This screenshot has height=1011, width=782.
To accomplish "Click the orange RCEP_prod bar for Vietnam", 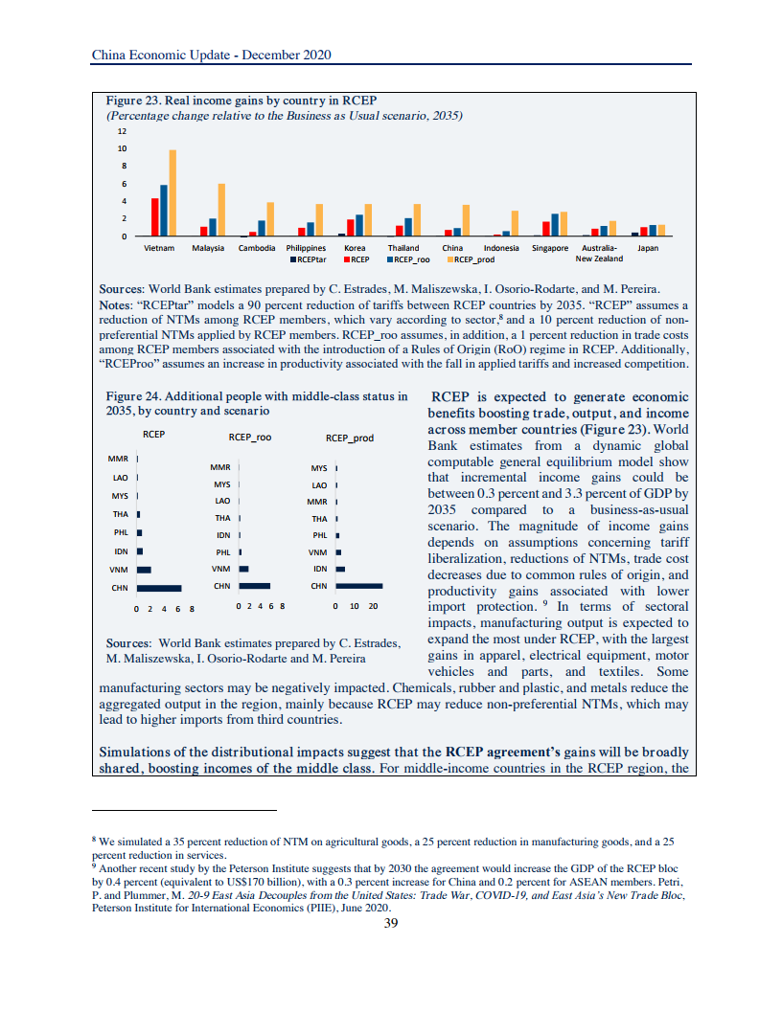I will pos(172,192).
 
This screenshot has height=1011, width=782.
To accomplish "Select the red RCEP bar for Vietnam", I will pos(154,216).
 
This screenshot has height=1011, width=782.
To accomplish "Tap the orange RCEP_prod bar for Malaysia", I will pos(221,210).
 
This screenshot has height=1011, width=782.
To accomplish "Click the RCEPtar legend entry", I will pos(310,258).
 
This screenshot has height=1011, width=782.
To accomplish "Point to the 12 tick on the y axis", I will pos(122,130).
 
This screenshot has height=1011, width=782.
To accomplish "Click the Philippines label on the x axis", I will pos(307,248).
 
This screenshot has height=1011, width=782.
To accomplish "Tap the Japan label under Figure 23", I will pos(648,248).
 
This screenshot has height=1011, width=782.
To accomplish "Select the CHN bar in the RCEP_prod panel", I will pos(358,586).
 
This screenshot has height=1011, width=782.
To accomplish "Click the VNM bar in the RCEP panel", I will pos(144,570).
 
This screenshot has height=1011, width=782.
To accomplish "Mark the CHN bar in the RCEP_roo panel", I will pos(254,585).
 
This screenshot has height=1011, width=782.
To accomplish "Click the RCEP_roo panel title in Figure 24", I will pos(250,438).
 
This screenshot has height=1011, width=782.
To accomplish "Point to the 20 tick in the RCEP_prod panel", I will pos(374,607).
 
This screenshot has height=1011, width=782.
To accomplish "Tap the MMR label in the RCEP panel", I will pos(120,459).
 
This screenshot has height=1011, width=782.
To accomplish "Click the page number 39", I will pos(390,923).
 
